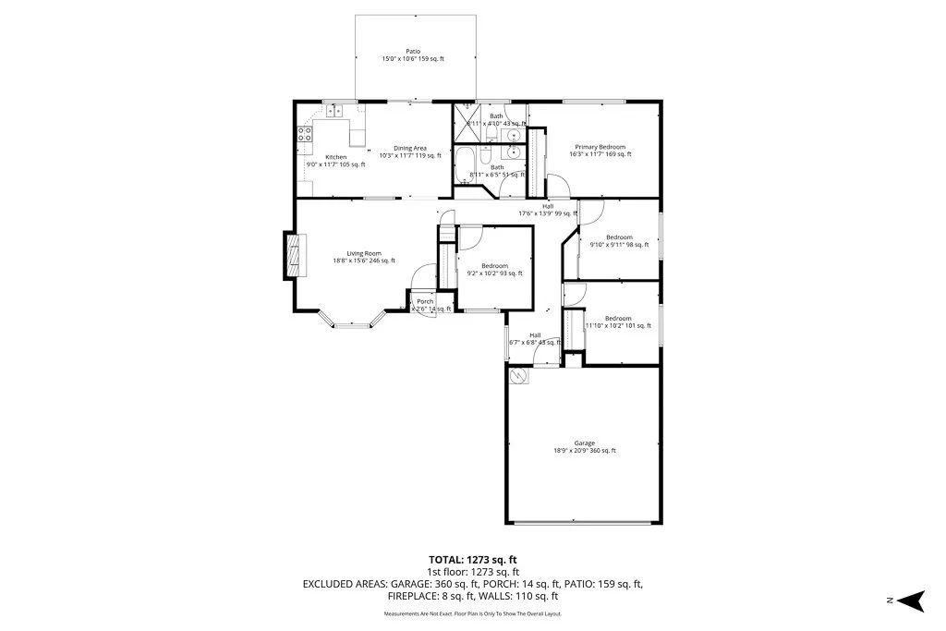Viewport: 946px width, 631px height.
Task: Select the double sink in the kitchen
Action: [334, 112]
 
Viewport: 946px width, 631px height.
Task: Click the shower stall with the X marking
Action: [465, 121]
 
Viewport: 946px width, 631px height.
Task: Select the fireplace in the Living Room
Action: [292, 253]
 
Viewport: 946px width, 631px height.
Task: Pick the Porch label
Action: [425, 302]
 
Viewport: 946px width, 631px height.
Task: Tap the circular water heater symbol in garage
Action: [518, 377]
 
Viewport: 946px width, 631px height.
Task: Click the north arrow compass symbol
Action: [913, 601]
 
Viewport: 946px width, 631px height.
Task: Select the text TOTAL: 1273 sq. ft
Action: [472, 560]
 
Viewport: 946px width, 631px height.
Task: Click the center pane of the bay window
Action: [351, 325]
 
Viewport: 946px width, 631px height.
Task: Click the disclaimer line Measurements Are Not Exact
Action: [472, 613]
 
